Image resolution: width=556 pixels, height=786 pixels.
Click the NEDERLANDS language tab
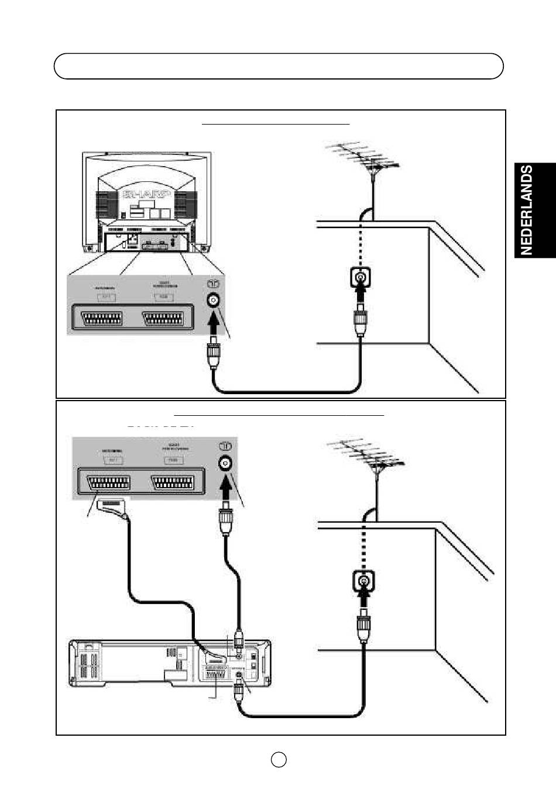(535, 211)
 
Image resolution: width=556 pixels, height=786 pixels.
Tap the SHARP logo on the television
(147, 194)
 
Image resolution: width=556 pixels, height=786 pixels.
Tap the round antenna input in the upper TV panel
(214, 301)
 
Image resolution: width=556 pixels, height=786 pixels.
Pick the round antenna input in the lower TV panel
(224, 462)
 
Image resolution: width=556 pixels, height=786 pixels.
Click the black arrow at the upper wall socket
(361, 294)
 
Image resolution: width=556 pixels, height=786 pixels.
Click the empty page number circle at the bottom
(279, 759)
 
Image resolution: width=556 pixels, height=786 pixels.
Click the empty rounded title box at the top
(279, 66)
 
